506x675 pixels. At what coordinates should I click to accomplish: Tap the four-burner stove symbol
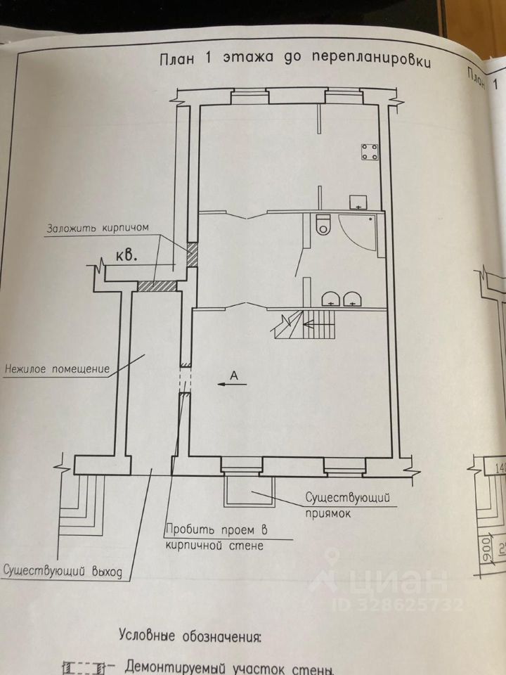pyautogui.click(x=370, y=150)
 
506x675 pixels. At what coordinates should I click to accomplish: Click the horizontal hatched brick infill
pyautogui.click(x=155, y=285)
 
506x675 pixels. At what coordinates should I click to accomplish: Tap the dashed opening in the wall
pyautogui.click(x=184, y=381)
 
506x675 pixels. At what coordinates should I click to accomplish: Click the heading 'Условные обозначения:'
pyautogui.click(x=189, y=638)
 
